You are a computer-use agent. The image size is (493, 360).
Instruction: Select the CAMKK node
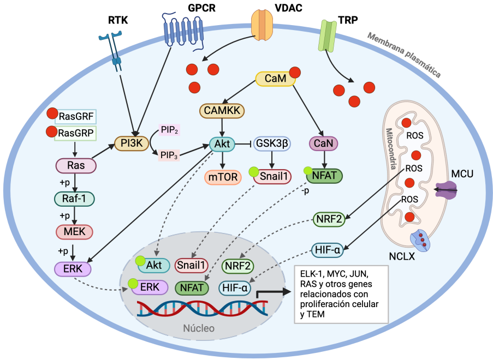[222, 111]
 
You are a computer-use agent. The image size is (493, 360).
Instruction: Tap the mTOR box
[223, 177]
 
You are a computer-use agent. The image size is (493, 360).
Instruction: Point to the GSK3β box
[272, 143]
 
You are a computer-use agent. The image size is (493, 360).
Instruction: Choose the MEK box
[74, 231]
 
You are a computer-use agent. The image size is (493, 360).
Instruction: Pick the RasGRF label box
[76, 116]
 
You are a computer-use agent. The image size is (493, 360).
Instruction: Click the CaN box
[325, 143]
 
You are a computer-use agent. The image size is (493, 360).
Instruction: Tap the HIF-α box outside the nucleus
[328, 250]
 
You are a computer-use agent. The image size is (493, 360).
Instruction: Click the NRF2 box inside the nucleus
[239, 266]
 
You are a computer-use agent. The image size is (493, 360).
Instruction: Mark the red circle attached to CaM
[295, 73]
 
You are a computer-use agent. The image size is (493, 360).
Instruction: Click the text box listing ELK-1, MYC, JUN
[341, 295]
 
